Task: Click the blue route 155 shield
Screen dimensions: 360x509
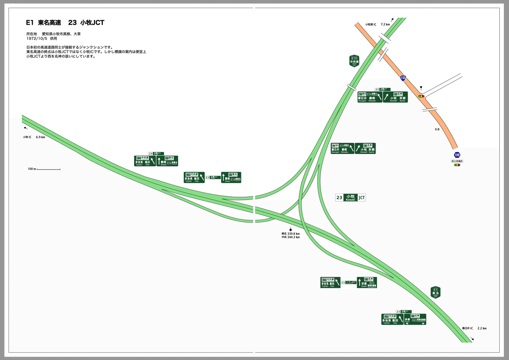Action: pyautogui.click(x=403, y=78)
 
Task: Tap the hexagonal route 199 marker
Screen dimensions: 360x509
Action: pyautogui.click(x=457, y=155)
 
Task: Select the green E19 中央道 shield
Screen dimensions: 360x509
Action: pyautogui.click(x=354, y=61)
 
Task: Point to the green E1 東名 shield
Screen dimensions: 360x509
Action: pyautogui.click(x=435, y=292)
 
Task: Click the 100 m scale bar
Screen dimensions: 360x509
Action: pyautogui.click(x=48, y=170)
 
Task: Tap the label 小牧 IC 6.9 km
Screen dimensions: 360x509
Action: pyautogui.click(x=34, y=137)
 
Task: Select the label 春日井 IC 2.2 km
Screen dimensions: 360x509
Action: pyautogui.click(x=474, y=328)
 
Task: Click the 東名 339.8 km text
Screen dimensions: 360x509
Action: pyautogui.click(x=291, y=234)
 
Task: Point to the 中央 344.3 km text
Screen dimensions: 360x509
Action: pyautogui.click(x=291, y=237)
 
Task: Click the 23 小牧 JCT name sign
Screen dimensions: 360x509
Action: pyautogui.click(x=350, y=198)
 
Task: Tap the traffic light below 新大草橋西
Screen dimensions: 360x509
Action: pyautogui.click(x=457, y=165)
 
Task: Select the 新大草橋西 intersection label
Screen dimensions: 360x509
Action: pyautogui.click(x=457, y=161)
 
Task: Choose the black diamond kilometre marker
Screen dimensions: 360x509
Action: pyautogui.click(x=291, y=229)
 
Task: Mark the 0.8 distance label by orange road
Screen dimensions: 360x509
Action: pyautogui.click(x=437, y=129)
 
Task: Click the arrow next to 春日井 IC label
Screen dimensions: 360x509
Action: pyautogui.click(x=473, y=339)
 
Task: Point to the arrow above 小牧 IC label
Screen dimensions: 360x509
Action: pyautogui.click(x=25, y=128)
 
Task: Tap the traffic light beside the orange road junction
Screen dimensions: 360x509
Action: pyautogui.click(x=421, y=96)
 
